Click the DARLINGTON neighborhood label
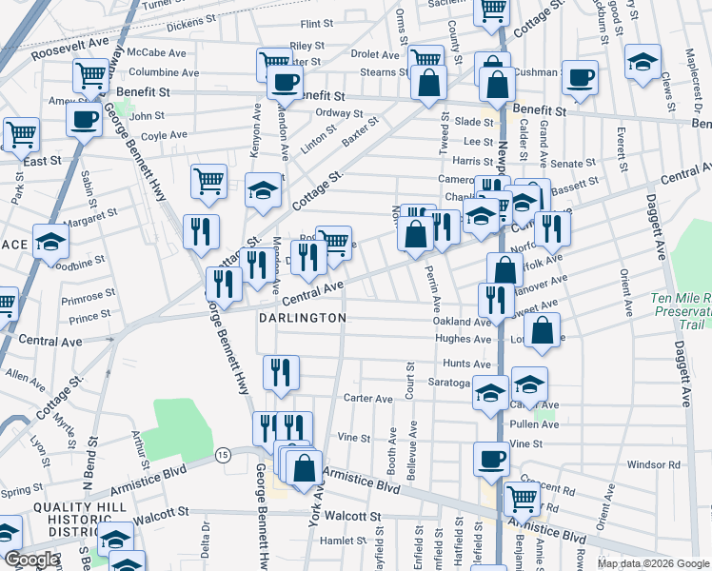coord(302,318)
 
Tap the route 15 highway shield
coord(223,456)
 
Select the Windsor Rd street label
coord(654,464)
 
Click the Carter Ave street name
coord(368,399)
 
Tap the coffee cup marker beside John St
coord(84,121)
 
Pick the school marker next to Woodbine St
coord(50,243)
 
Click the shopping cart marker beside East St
coord(21,135)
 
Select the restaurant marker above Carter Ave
coord(280,373)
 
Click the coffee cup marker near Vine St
coord(492,459)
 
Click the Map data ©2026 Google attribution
coord(653,563)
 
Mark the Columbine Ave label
coord(164,72)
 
